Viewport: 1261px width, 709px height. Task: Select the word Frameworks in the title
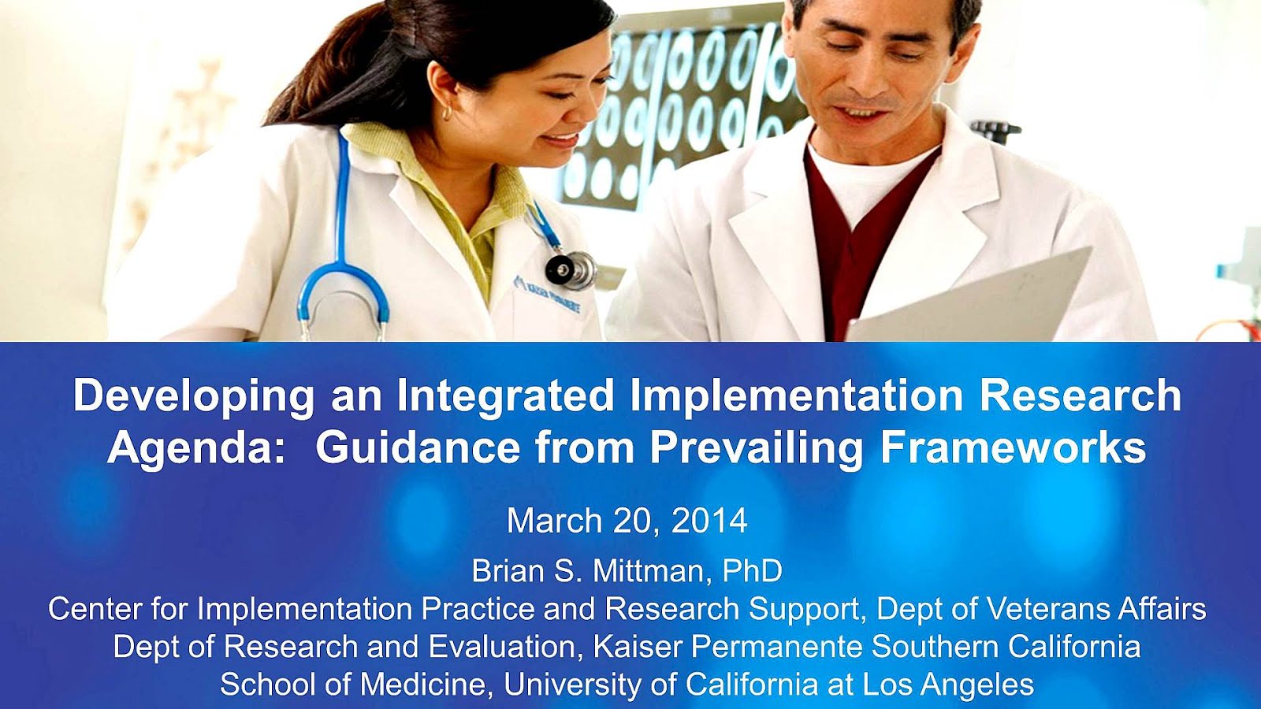tap(1014, 448)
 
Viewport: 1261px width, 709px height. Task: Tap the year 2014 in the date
tap(709, 521)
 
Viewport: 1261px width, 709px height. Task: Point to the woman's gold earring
tap(448, 113)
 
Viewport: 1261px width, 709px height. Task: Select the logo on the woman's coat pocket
tap(546, 295)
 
